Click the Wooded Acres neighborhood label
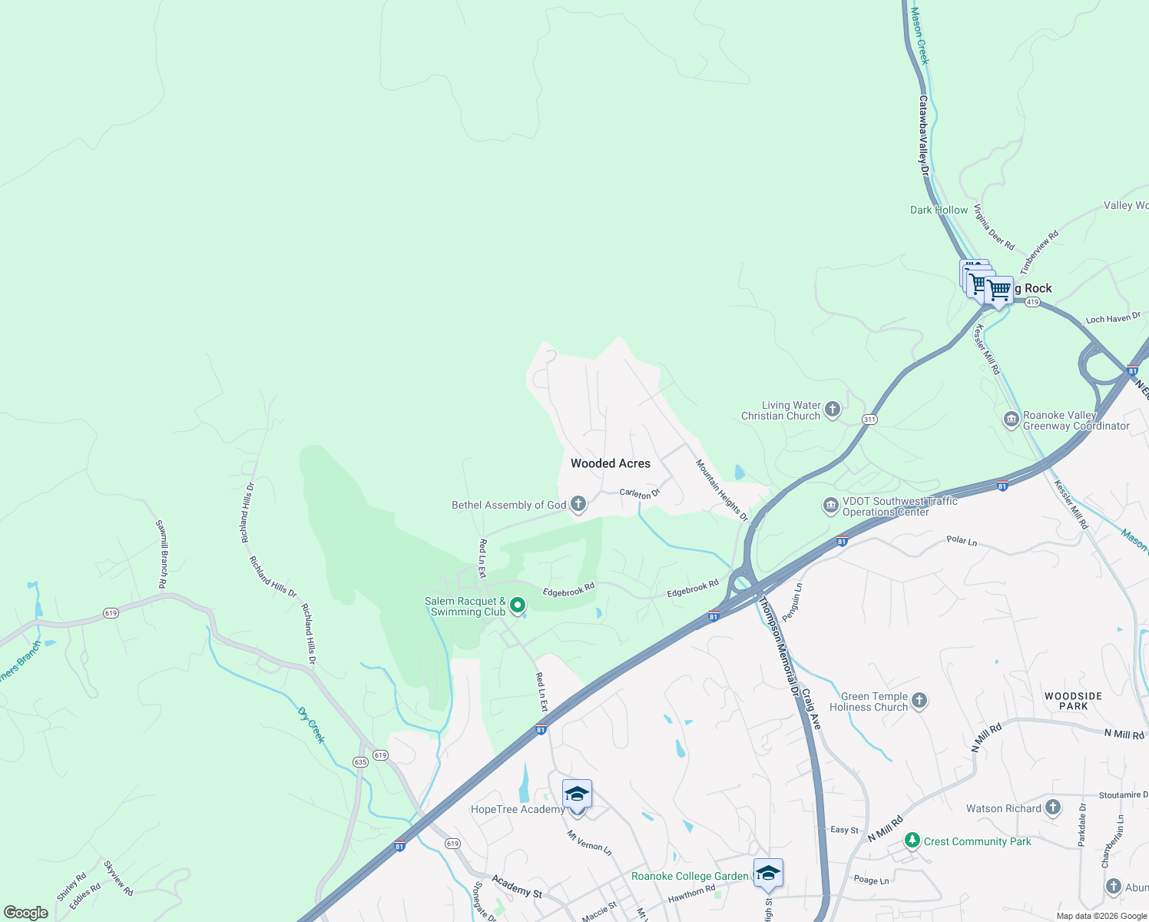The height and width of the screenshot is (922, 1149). coord(611,463)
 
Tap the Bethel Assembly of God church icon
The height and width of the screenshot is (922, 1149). coord(578,504)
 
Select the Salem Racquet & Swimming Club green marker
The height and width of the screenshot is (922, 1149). coord(518,605)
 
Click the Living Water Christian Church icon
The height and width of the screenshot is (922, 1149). coord(833,410)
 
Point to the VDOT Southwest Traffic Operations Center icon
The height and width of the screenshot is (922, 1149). coord(830,506)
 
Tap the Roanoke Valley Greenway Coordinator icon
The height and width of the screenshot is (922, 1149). coord(1011,420)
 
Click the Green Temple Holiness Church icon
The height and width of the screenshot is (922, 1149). coord(919,701)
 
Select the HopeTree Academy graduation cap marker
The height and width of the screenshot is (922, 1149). coord(577,794)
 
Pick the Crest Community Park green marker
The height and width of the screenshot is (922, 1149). coord(912,841)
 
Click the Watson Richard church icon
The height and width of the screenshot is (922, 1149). coord(1053,808)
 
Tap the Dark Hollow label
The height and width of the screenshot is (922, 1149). coord(939,210)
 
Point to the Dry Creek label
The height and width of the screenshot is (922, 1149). coord(312,725)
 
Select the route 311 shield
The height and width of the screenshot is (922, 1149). coord(869,419)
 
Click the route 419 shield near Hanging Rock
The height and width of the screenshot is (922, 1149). coord(1032,302)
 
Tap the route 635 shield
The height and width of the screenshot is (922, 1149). coord(360,761)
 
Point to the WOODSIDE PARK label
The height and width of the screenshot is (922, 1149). coord(1073,701)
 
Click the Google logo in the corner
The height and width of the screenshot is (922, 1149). coord(26,912)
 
